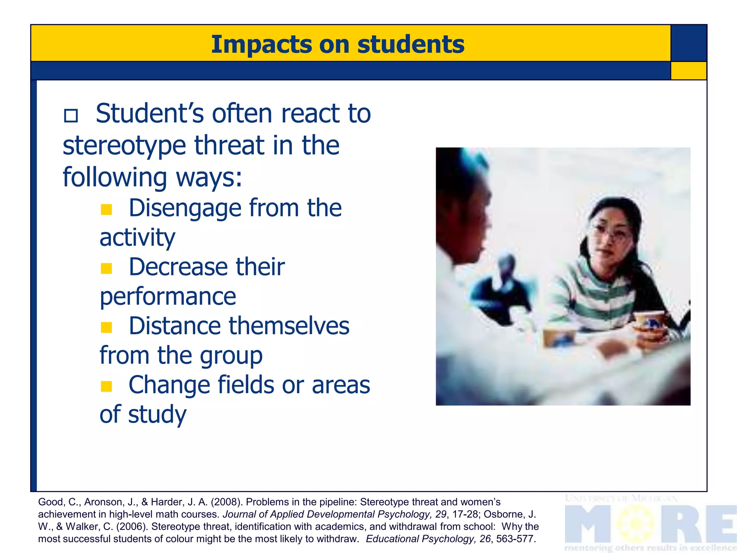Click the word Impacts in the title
click(262, 45)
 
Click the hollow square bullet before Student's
click(71, 116)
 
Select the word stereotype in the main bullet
click(124, 146)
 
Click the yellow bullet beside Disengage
click(107, 209)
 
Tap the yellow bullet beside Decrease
click(107, 268)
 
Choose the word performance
click(168, 297)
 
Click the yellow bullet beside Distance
click(107, 327)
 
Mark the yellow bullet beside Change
click(107, 386)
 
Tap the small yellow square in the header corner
click(688, 71)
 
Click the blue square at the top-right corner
click(689, 43)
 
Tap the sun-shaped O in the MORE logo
click(636, 523)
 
